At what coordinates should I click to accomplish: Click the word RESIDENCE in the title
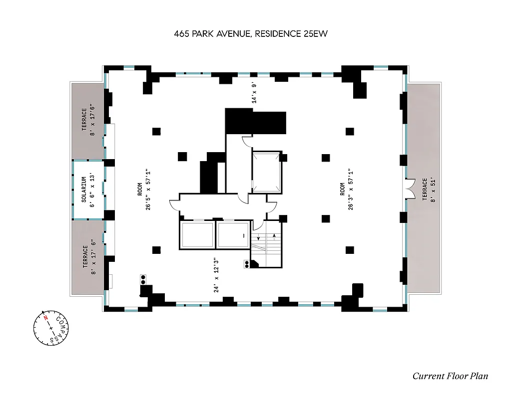pyautogui.click(x=278, y=34)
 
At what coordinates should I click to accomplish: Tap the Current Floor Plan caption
pyautogui.click(x=450, y=376)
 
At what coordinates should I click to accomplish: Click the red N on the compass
pyautogui.click(x=45, y=317)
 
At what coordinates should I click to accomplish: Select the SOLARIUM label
pyautogui.click(x=84, y=190)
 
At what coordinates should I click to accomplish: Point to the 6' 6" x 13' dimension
pyautogui.click(x=93, y=190)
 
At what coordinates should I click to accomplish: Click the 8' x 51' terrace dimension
pyautogui.click(x=433, y=190)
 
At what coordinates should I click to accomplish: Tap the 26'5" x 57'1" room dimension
pyautogui.click(x=149, y=190)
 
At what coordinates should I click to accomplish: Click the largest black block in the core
pyautogui.click(x=255, y=121)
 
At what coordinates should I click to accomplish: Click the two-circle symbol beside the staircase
pyautogui.click(x=246, y=264)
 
